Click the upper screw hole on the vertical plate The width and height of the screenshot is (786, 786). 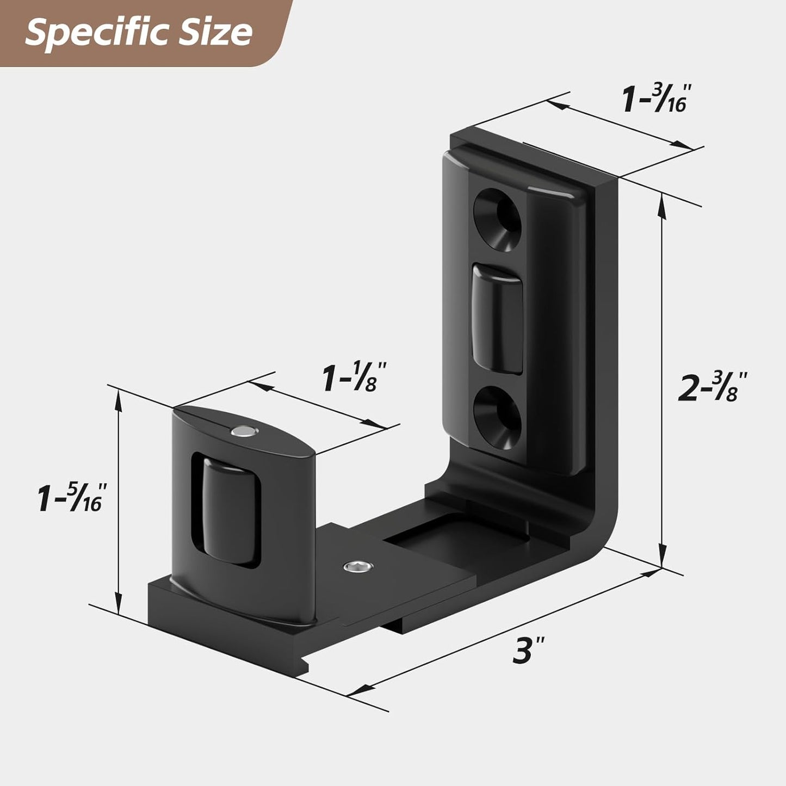497,219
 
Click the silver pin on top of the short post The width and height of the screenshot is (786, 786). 243,432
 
